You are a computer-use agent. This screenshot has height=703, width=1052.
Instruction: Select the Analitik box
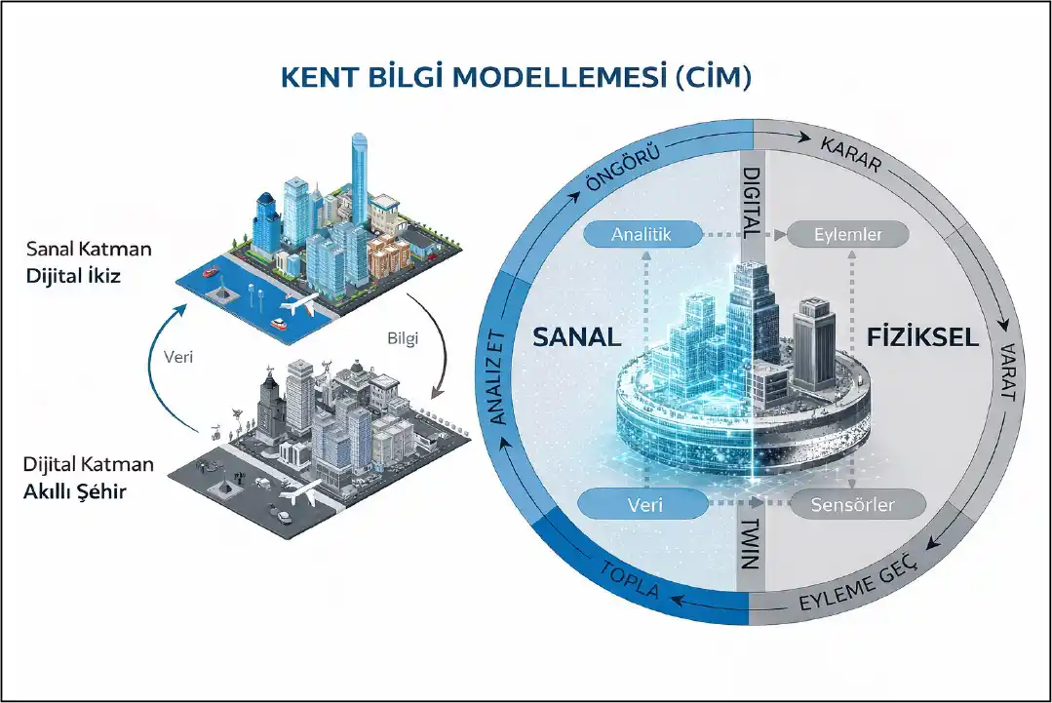click(x=642, y=234)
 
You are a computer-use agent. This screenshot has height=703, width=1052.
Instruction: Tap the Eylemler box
click(x=847, y=234)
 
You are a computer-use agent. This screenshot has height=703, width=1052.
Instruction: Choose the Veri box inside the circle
click(x=643, y=504)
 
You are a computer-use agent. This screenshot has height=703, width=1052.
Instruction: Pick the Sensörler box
click(x=854, y=504)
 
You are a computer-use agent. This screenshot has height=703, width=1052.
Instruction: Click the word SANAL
click(x=576, y=338)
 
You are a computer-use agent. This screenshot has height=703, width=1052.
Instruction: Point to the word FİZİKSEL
click(x=921, y=338)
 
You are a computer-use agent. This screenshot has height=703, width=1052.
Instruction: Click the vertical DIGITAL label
click(x=750, y=202)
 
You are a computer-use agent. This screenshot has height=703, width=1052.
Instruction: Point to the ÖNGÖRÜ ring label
click(x=623, y=167)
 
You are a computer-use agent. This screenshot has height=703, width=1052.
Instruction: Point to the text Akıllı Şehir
click(x=74, y=490)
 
